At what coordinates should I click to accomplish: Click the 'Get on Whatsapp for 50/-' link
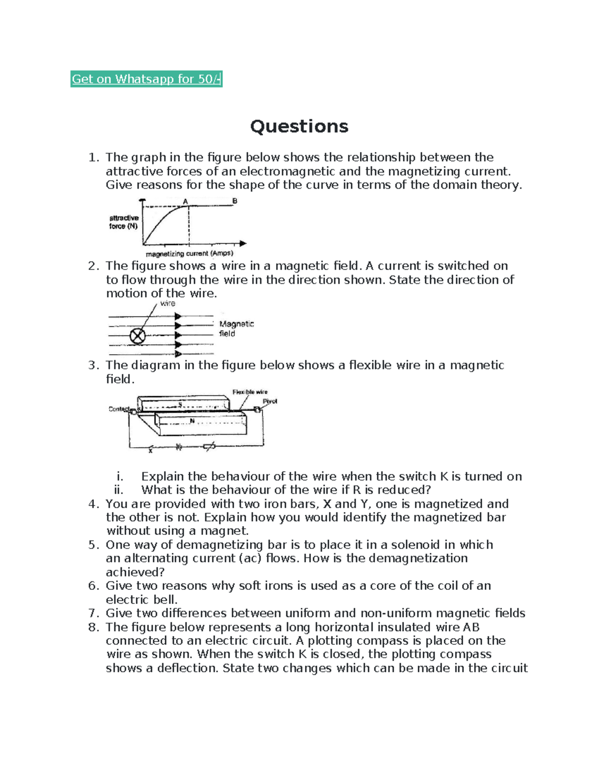(146, 79)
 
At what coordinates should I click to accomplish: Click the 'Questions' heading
(299, 126)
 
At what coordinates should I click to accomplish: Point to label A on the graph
(185, 202)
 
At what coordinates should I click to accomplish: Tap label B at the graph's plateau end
(235, 201)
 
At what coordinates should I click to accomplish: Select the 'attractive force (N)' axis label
(124, 222)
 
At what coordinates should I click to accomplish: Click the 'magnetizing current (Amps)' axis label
(189, 254)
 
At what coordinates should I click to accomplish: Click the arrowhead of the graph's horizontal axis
(243, 244)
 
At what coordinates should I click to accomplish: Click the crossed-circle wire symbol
(137, 336)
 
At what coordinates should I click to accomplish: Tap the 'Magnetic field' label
(236, 329)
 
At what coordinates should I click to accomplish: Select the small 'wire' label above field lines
(168, 303)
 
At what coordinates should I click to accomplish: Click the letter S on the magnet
(180, 404)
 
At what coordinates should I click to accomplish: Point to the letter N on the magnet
(192, 421)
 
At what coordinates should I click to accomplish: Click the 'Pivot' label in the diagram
(270, 401)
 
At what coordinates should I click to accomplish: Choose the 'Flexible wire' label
(250, 392)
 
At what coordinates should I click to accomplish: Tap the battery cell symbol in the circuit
(178, 447)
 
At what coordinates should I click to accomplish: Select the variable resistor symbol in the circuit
(210, 447)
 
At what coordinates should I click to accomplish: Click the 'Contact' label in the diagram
(119, 409)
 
